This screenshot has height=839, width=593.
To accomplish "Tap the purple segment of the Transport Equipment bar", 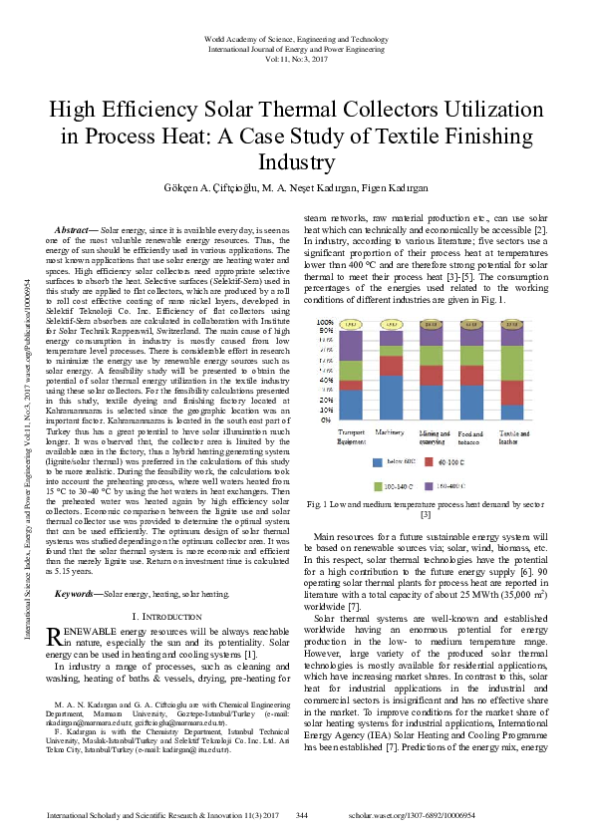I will point(351,342).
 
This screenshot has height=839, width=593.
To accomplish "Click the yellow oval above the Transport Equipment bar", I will point(351,324).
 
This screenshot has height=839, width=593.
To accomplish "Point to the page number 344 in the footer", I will point(302,815).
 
